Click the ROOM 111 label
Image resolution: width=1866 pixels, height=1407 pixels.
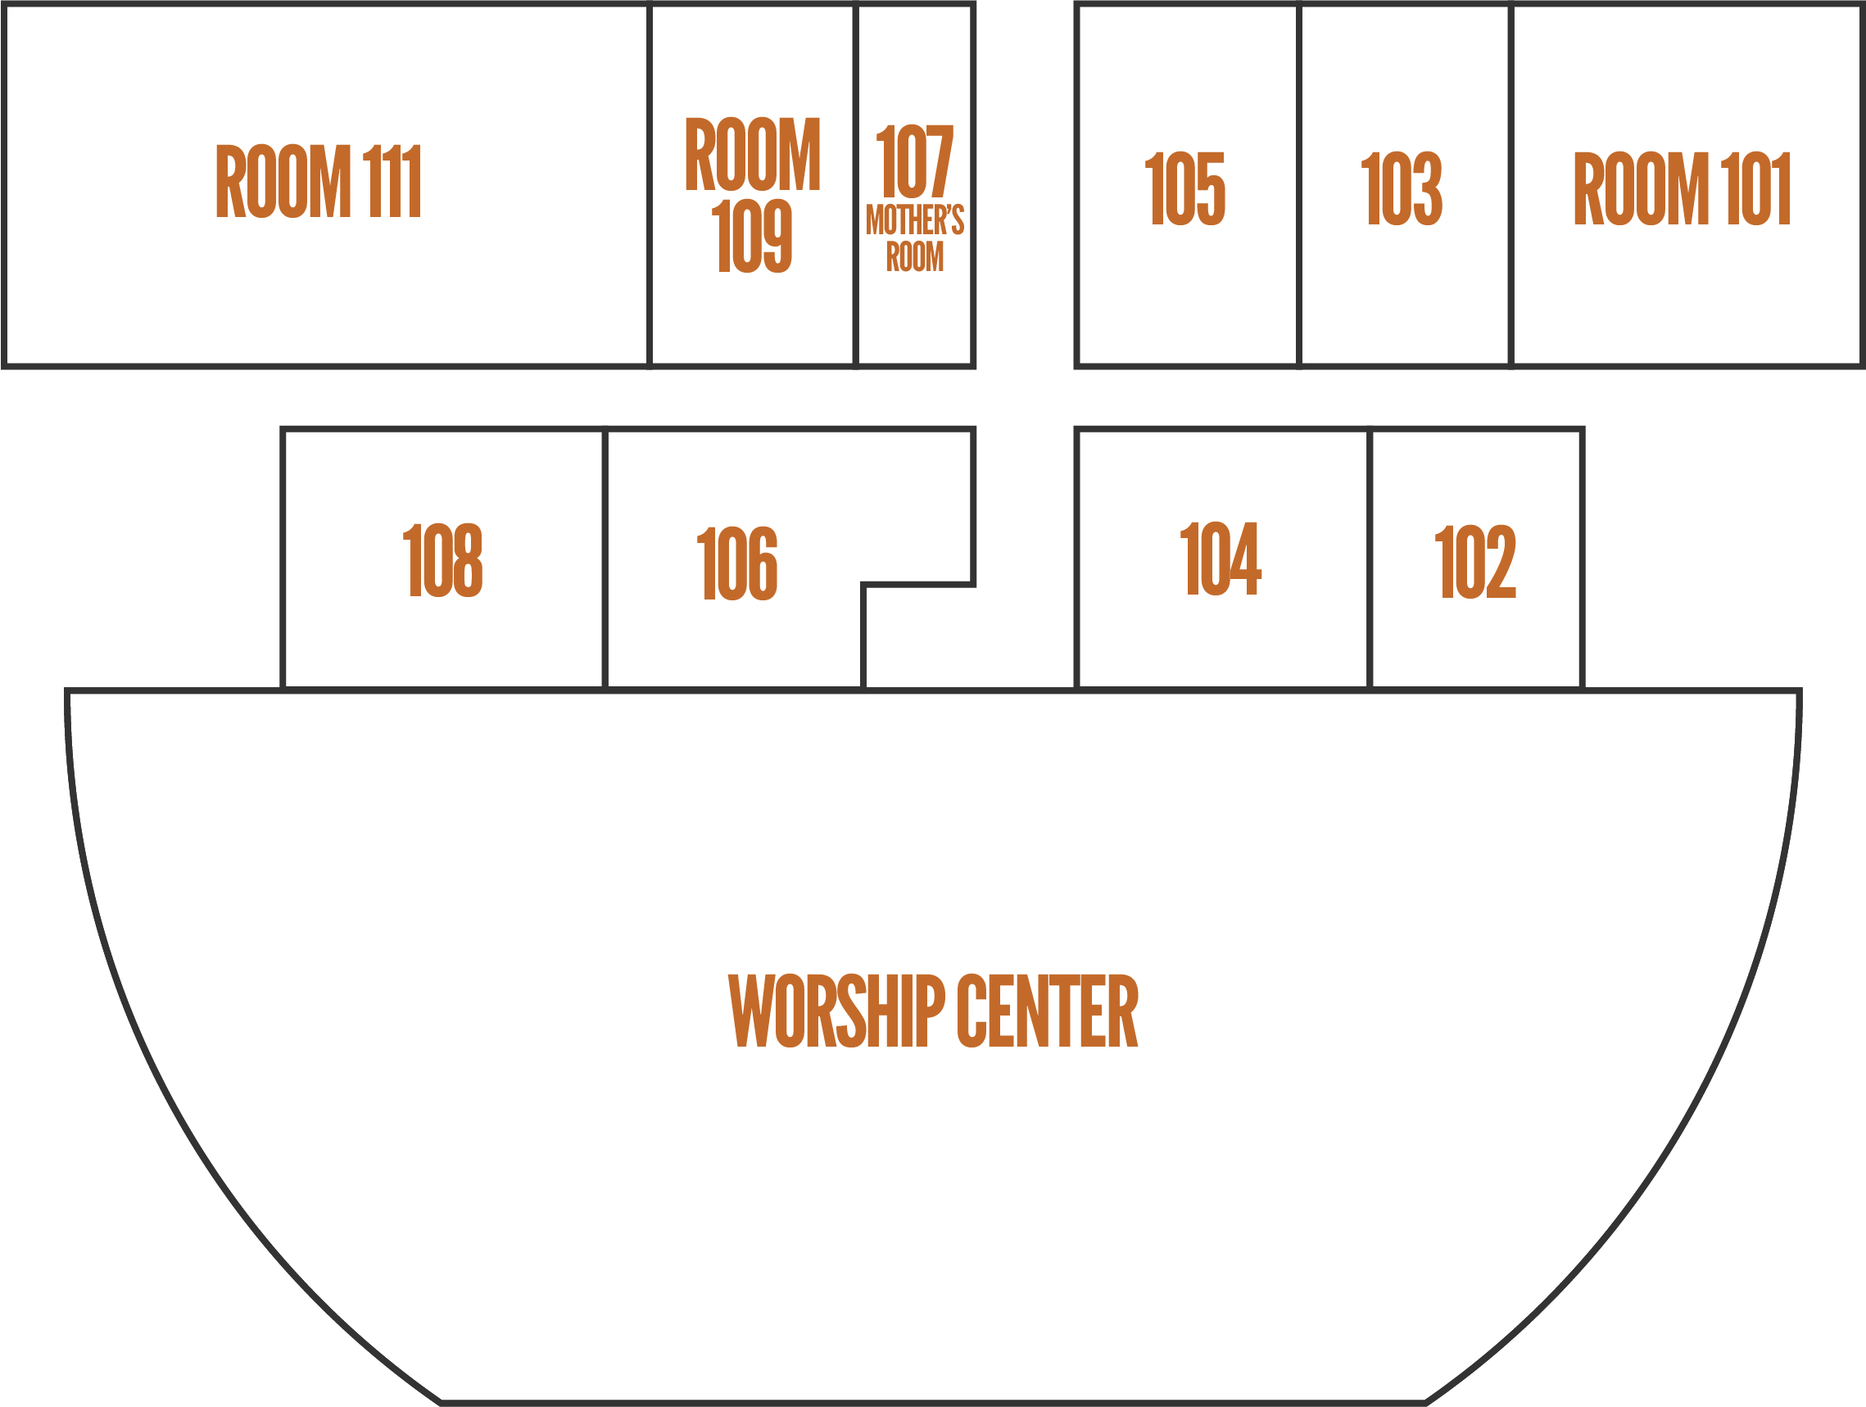(318, 180)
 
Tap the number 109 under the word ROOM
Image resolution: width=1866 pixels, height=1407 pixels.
(752, 236)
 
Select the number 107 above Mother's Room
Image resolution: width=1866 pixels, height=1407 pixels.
(914, 161)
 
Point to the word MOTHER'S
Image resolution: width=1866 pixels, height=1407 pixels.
(914, 220)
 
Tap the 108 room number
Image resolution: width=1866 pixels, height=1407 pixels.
(443, 559)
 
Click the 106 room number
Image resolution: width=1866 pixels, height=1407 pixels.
(737, 563)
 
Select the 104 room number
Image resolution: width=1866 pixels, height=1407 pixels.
(1221, 558)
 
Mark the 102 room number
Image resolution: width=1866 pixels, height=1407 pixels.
(1475, 561)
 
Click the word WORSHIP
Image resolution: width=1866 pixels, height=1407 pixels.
(836, 1011)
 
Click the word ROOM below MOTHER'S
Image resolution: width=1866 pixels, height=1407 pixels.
(914, 256)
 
